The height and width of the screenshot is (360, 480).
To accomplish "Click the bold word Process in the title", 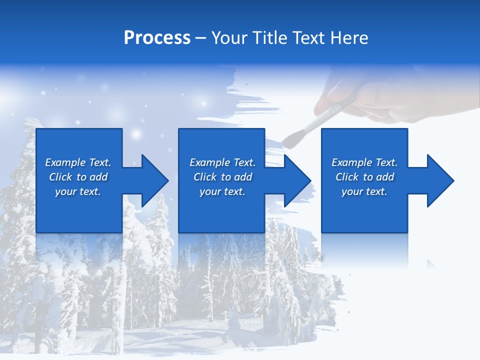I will (157, 38).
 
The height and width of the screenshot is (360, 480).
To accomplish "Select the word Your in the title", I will (230, 38).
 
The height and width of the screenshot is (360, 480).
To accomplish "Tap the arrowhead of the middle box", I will (296, 180).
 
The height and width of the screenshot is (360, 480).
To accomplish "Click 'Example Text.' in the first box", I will (78, 162).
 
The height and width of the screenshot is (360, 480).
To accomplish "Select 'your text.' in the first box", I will (78, 191).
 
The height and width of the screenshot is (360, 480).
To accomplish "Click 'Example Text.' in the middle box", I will (222, 162).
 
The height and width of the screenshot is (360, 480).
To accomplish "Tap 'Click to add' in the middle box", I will (222, 177).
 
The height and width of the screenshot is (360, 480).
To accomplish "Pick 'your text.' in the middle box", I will (222, 191).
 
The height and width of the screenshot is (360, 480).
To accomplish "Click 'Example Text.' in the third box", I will (364, 162).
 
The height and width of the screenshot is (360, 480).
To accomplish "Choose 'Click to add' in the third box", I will (364, 177).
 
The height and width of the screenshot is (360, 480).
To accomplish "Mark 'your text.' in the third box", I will (364, 191).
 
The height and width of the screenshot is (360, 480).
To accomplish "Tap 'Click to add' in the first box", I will (78, 177).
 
